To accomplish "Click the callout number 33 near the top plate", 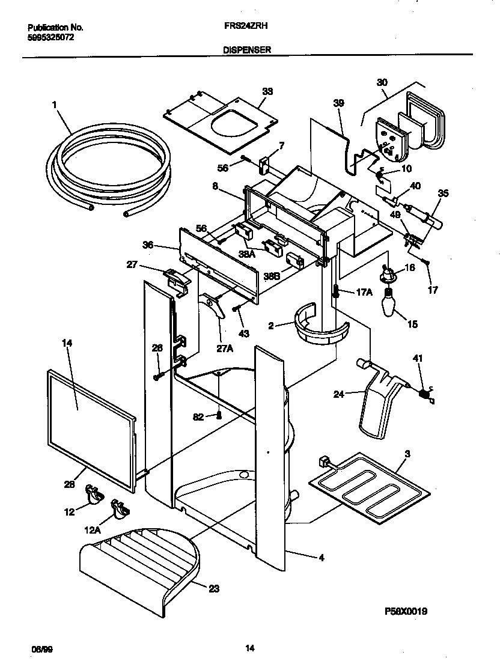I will coord(267,91).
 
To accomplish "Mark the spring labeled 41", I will coord(425,394).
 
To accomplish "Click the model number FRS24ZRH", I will coord(242,27).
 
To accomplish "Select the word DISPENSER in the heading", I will coord(247,51).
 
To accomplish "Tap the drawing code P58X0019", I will coord(406,611).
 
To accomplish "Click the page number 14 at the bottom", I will coord(250,648).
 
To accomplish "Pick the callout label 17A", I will coord(365,292).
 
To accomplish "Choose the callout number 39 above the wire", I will coord(338,103).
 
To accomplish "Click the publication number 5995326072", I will coord(51,37).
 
